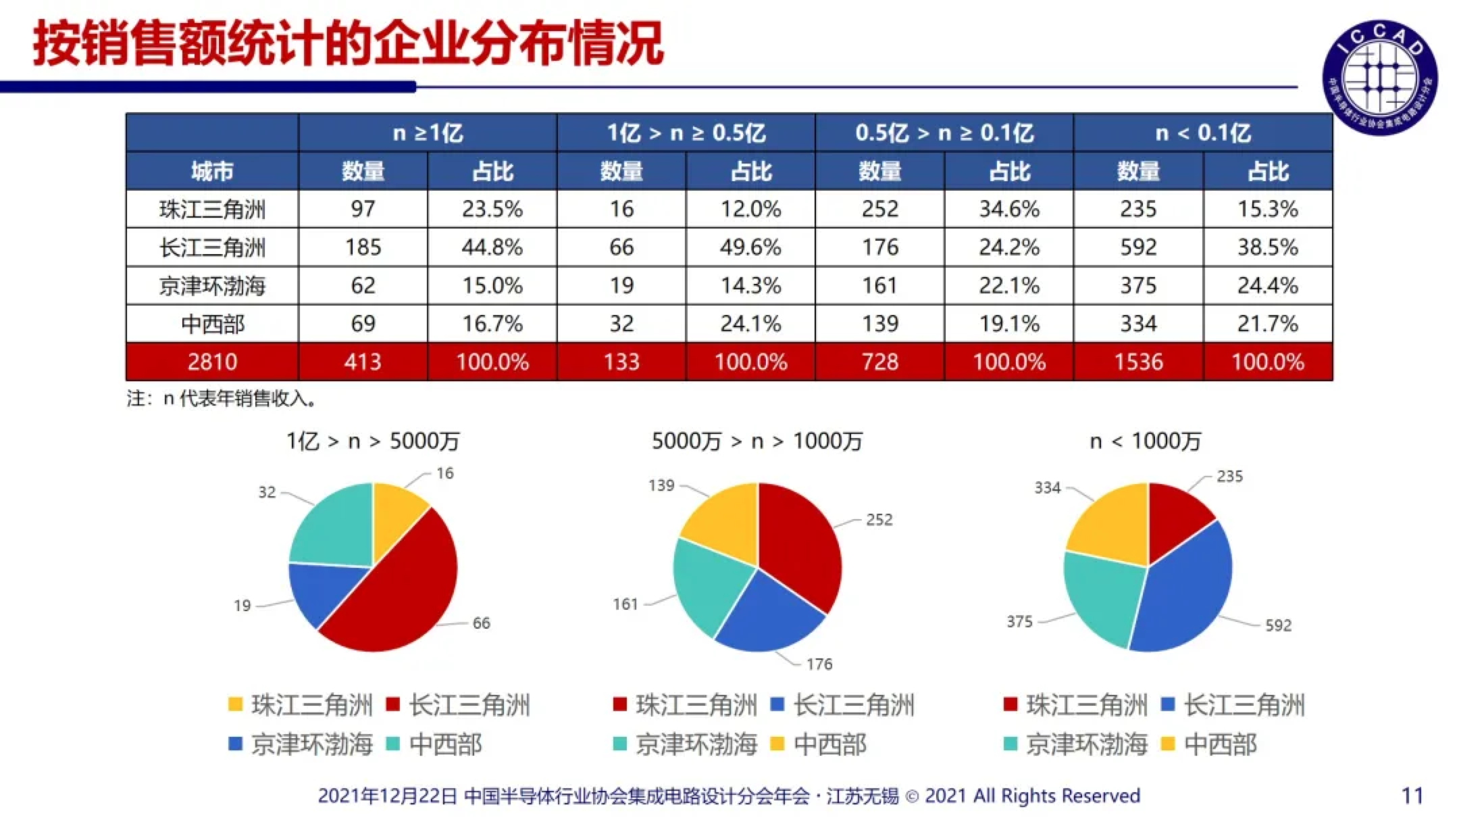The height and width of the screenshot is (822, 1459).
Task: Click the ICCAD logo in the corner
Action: coord(1379,76)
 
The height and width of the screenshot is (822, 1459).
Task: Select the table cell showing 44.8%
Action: coord(492,247)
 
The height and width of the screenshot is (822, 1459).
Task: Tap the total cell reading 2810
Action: coord(212,362)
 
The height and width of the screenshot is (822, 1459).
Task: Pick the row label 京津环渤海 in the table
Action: coord(212,286)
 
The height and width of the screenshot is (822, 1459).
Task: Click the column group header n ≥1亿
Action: coord(428,132)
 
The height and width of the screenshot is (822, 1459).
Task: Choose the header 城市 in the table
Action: coord(212,171)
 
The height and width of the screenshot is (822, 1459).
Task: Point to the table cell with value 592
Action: coord(1138,247)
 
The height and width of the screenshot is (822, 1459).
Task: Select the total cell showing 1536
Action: coord(1138,362)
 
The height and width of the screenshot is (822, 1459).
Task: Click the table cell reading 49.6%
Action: coord(750,247)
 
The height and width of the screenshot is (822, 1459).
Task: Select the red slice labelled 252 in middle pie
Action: coord(800,548)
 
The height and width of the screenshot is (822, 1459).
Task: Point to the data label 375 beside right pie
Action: coord(1019,621)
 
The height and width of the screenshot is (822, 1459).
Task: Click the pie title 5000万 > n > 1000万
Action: coord(757,441)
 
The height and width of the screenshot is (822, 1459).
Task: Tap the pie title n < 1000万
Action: coord(1146,441)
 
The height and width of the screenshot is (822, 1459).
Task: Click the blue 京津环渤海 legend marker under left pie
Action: coord(235,744)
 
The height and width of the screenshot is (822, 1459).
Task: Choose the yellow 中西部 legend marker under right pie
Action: coord(1167,744)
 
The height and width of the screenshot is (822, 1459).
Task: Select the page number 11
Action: coord(1412,796)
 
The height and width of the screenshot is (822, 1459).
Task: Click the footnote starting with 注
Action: coord(221,399)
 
